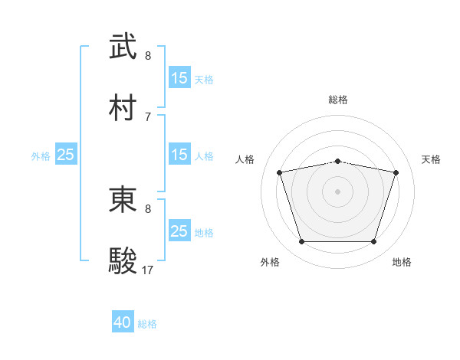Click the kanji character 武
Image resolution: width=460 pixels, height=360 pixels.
click(x=123, y=47)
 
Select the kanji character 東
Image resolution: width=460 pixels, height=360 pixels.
click(x=123, y=201)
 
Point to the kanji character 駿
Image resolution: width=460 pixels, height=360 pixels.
click(x=123, y=260)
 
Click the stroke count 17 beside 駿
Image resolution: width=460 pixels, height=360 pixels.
click(x=148, y=270)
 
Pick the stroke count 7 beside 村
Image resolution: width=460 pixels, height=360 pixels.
click(x=148, y=116)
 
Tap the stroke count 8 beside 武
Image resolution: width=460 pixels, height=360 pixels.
click(x=148, y=56)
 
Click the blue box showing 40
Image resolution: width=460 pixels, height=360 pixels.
click(x=123, y=323)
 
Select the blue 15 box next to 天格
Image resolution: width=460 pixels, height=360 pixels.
click(x=179, y=78)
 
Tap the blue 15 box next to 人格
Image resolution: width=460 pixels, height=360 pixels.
click(x=179, y=155)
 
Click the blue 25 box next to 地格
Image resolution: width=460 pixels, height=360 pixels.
click(x=179, y=231)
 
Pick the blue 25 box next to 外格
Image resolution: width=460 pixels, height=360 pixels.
click(x=66, y=155)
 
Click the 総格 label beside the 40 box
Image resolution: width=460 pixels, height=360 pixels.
click(x=147, y=324)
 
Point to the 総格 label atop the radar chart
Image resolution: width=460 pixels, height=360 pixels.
click(x=338, y=100)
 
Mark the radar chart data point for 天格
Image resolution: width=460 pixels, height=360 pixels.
click(x=396, y=172)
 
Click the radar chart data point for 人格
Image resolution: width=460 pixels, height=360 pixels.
click(x=280, y=172)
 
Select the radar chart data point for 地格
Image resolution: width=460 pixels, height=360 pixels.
click(x=373, y=242)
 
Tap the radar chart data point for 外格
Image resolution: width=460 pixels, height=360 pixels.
click(x=302, y=242)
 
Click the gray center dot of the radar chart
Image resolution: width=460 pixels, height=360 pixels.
click(x=338, y=191)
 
